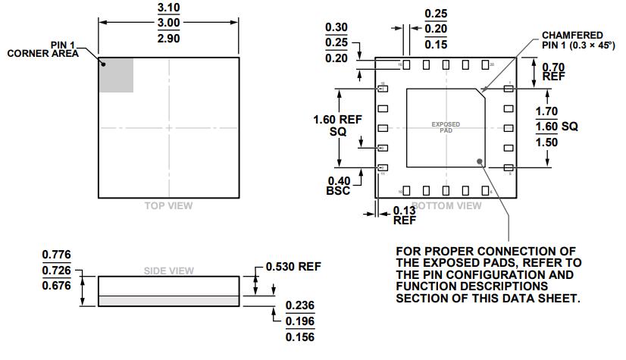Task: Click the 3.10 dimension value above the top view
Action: [168, 8]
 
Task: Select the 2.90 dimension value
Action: [168, 38]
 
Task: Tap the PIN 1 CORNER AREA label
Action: [43, 50]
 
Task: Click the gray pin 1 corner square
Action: [116, 75]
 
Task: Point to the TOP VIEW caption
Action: [168, 205]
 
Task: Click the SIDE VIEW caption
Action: [168, 271]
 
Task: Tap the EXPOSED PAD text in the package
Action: [446, 127]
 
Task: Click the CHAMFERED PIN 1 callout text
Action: [572, 40]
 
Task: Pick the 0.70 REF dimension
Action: [553, 72]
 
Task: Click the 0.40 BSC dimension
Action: [339, 186]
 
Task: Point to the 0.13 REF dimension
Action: [404, 216]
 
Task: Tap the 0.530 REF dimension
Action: [293, 267]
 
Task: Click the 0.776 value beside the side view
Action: [56, 254]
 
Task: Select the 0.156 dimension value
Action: [299, 337]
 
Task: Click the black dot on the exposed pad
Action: [480, 160]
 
